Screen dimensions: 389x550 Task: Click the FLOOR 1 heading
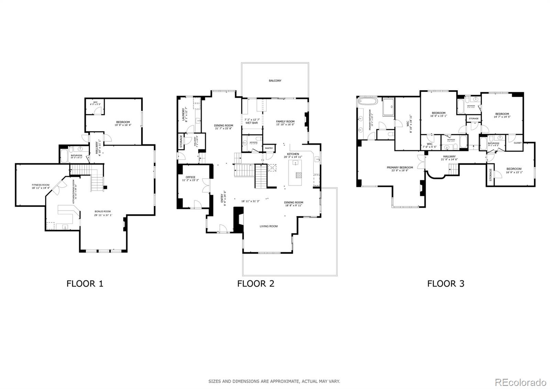pos(85,284)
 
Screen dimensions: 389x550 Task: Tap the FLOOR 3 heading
pos(445,284)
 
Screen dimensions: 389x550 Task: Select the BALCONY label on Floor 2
pos(275,81)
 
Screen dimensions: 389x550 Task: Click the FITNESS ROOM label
pos(41,185)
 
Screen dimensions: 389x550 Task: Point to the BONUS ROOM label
pos(103,211)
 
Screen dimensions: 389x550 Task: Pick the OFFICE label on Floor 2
pos(190,177)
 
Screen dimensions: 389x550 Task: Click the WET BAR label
pos(252,123)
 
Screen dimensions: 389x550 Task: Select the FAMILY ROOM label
pos(285,122)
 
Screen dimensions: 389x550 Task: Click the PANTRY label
pos(269,148)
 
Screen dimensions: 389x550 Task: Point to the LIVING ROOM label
pos(268,226)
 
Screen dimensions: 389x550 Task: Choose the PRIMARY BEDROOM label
pos(400,168)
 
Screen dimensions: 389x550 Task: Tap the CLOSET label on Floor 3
pos(517,143)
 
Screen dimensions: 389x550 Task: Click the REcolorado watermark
pos(520,382)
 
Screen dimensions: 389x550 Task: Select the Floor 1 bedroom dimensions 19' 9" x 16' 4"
pos(123,125)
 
